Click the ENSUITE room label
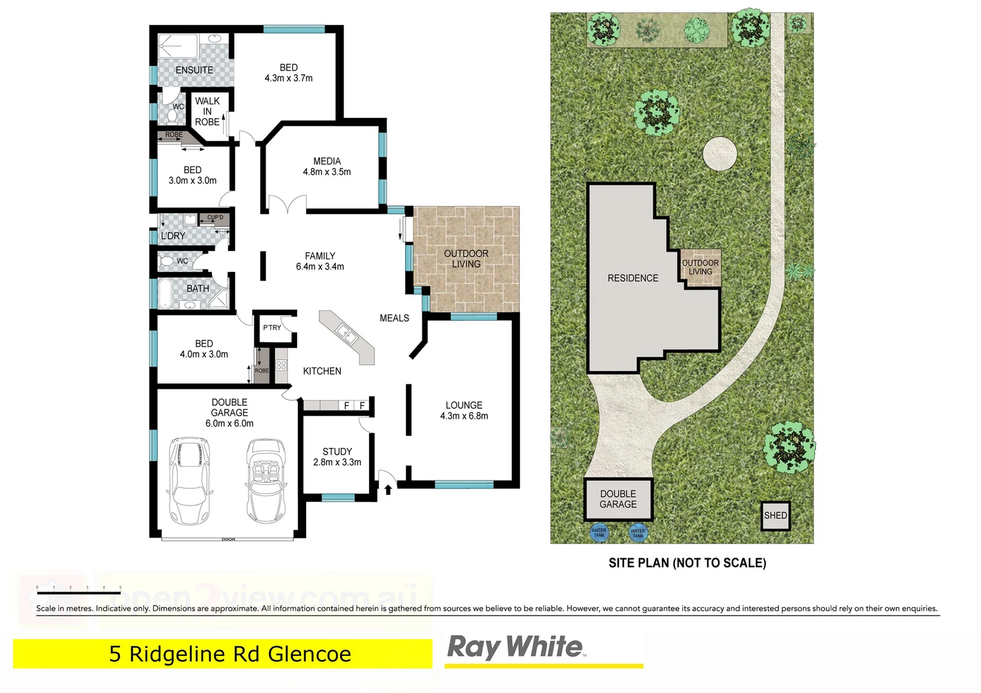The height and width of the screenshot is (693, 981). coord(194,70)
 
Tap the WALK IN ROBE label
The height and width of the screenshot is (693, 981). coord(207,111)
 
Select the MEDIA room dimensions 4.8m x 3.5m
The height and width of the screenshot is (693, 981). coord(327,172)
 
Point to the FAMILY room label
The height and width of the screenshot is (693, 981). coord(320,255)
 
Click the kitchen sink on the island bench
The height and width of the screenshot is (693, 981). coord(345,333)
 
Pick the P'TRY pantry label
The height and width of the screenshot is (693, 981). coord(272,327)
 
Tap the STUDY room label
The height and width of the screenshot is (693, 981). coord(337,451)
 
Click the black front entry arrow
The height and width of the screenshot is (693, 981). coord(388,490)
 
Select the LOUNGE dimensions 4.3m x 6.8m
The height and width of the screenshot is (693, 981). coord(464,416)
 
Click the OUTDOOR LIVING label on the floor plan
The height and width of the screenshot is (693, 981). coord(466,259)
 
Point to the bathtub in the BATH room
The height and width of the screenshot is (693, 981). coord(165,293)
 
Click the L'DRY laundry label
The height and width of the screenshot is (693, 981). coord(173,235)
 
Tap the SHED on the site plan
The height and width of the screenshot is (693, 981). coord(775,515)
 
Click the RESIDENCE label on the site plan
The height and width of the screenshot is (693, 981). coord(633,278)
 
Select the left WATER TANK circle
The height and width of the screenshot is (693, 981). coord(599,532)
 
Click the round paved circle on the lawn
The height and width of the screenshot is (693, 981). coord(720,153)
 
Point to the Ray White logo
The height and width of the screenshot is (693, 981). coord(516,647)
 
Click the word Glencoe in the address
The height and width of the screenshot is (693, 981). coord(309,654)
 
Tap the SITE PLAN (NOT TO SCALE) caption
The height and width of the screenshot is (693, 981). coord(687,563)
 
